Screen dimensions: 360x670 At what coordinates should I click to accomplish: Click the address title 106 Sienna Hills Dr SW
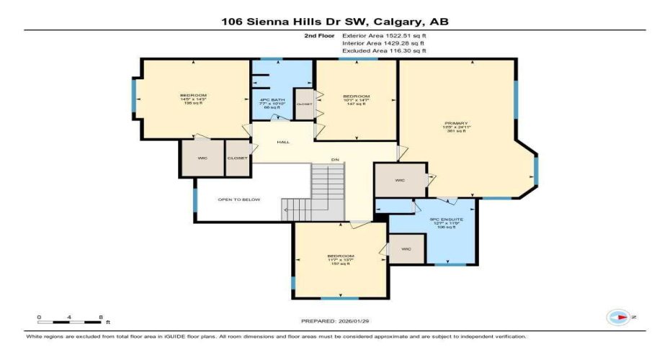click(x=334, y=21)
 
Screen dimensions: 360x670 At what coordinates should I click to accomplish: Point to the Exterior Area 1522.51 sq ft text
click(x=384, y=35)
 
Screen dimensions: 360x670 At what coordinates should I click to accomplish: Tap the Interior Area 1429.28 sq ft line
click(x=383, y=42)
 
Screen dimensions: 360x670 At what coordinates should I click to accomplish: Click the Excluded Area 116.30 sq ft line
click(x=383, y=51)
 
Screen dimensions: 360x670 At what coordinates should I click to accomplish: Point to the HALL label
click(x=283, y=142)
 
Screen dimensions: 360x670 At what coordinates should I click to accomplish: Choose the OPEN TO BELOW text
click(x=240, y=199)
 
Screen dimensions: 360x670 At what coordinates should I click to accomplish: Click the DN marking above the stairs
click(x=335, y=160)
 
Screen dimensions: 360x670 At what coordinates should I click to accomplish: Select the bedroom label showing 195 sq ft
click(x=193, y=99)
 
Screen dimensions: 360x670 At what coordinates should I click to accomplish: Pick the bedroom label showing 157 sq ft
click(x=339, y=259)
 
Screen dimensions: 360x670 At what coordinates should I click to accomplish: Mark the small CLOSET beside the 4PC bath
click(x=305, y=104)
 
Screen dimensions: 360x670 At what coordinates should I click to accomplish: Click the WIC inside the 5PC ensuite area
click(x=406, y=249)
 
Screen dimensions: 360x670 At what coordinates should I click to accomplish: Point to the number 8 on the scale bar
click(x=101, y=317)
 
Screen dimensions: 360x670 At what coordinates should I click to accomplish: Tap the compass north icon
click(x=619, y=316)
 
